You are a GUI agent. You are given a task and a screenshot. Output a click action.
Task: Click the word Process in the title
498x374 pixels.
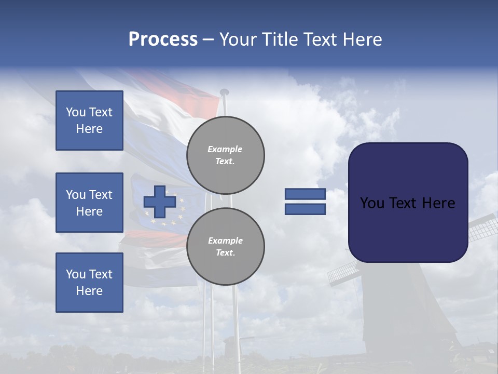[163, 39]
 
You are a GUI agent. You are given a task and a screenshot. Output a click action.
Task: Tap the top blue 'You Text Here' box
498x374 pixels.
[89, 121]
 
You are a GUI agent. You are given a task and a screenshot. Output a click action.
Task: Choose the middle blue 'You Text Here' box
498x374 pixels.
[89, 203]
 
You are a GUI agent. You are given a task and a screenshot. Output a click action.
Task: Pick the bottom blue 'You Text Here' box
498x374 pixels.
[89, 282]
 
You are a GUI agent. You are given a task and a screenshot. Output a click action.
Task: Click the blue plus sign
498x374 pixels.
[160, 202]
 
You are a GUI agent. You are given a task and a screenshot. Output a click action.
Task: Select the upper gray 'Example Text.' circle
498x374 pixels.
[225, 155]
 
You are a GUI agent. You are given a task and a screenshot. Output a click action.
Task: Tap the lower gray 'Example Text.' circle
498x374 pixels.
[225, 246]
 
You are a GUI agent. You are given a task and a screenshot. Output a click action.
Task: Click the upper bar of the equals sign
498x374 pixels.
[305, 194]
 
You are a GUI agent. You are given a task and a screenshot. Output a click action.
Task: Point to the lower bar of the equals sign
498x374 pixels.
[305, 209]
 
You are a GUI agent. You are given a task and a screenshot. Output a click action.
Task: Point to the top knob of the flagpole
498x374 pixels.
[224, 92]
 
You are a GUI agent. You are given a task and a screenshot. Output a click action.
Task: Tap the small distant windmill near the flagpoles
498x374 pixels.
[230, 345]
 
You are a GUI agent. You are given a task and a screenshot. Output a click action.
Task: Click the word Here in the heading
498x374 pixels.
[362, 39]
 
